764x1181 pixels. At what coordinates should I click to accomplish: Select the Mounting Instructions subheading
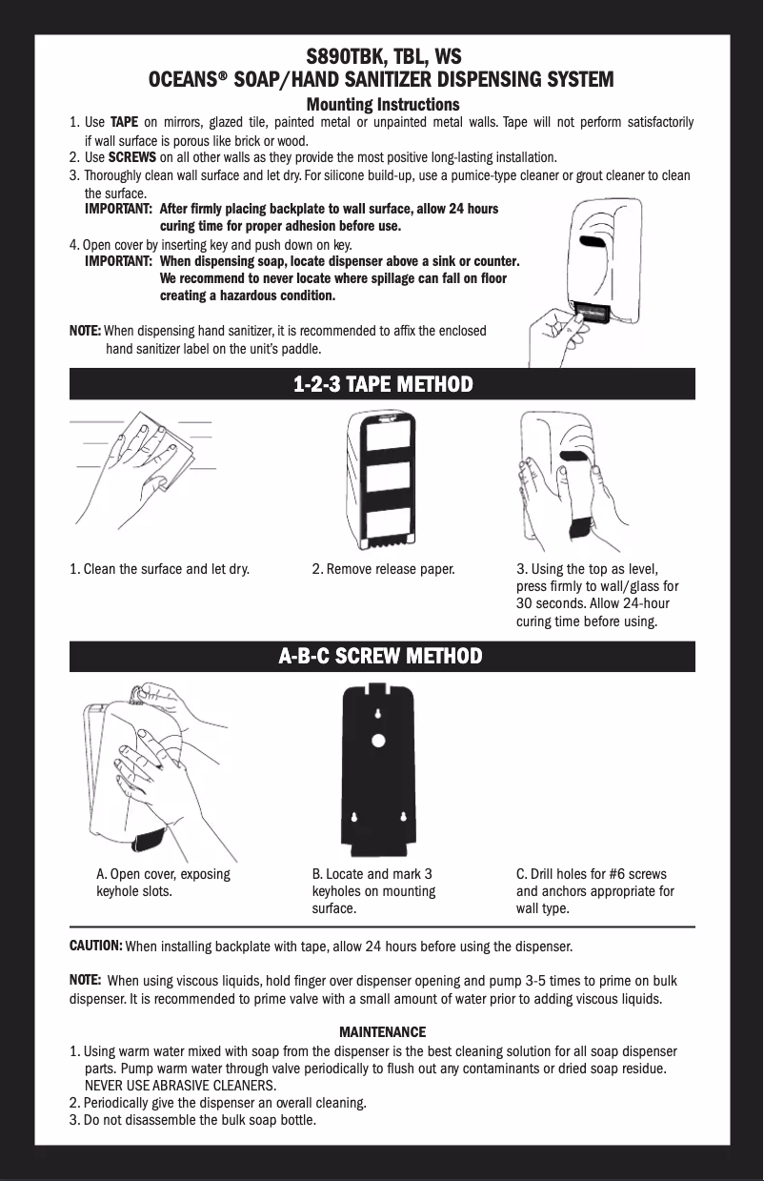pos(383,105)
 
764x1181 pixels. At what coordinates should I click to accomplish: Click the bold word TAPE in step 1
pos(125,122)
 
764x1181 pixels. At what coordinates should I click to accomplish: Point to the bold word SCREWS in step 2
pos(132,157)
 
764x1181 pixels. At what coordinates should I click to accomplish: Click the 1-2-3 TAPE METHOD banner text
pos(383,384)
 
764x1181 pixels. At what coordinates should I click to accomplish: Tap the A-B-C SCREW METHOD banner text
pos(380,657)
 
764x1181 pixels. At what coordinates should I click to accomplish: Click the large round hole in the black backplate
pos(378,742)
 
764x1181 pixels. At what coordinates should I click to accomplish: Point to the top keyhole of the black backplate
pos(378,714)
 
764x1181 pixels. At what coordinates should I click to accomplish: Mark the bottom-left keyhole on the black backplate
pos(354,817)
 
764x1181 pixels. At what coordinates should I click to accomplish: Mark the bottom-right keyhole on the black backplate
pos(404,817)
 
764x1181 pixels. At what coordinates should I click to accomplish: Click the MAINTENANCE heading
pos(383,1031)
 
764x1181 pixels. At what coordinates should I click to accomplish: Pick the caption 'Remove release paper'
pos(391,569)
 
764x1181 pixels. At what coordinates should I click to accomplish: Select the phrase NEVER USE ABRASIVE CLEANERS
pos(180,1086)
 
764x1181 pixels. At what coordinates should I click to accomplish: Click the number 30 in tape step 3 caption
pos(524,603)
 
